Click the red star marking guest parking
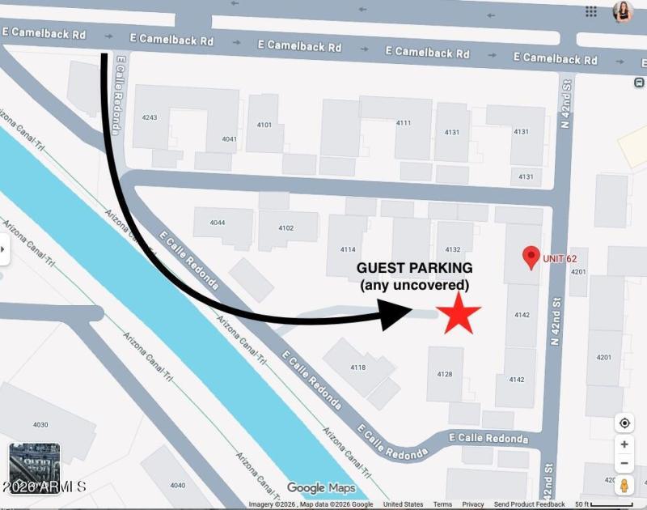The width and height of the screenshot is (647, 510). pyautogui.click(x=459, y=313)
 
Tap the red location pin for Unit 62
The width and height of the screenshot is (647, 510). pyautogui.click(x=531, y=257)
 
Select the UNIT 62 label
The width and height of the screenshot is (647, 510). pyautogui.click(x=560, y=259)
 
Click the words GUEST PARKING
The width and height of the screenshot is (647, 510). pyautogui.click(x=415, y=268)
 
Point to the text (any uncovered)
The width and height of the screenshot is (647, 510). pyautogui.click(x=415, y=285)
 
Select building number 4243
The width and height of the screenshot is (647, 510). pyautogui.click(x=150, y=118)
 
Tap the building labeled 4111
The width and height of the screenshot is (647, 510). pyautogui.click(x=404, y=123)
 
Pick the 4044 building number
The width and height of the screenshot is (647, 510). pyautogui.click(x=217, y=223)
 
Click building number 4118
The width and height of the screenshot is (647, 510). pyautogui.click(x=357, y=368)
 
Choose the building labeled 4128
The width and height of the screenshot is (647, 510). pyautogui.click(x=444, y=374)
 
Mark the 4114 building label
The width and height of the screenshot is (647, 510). pyautogui.click(x=348, y=249)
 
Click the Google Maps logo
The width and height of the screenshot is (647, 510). pyautogui.click(x=321, y=488)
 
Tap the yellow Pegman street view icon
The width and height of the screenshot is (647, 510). pyautogui.click(x=624, y=486)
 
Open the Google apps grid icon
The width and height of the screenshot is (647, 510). pyautogui.click(x=591, y=11)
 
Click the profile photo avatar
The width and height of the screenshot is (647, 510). pyautogui.click(x=623, y=11)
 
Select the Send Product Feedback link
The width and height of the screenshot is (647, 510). pyautogui.click(x=530, y=504)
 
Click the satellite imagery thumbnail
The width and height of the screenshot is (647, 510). pyautogui.click(x=34, y=465)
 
